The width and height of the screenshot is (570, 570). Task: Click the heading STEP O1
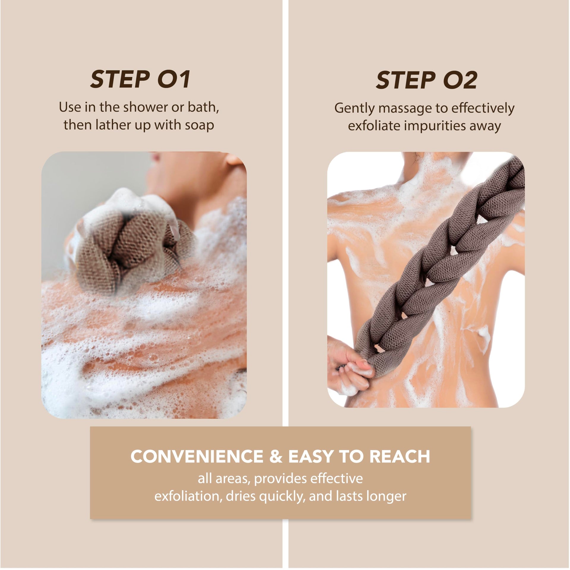[140, 79]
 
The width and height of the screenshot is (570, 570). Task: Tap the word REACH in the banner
[400, 457]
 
